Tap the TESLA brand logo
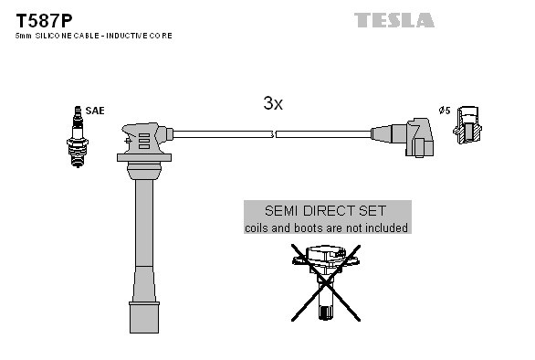[x=394, y=20]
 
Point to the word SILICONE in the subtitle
[x=52, y=36]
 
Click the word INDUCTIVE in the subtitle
[x=130, y=36]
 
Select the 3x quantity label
[x=273, y=104]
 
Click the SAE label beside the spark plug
[x=96, y=111]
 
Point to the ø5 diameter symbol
[x=445, y=111]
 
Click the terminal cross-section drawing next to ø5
[x=467, y=124]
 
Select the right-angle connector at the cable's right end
[x=416, y=137]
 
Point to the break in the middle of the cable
[x=274, y=134]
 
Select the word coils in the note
[x=259, y=228]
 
